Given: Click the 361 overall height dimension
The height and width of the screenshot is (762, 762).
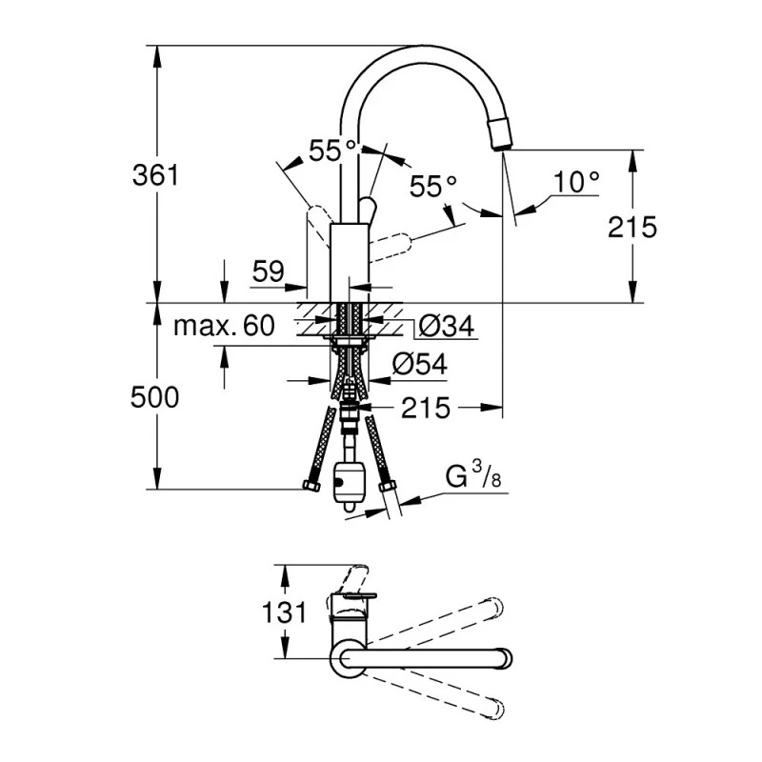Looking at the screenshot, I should point(156,175).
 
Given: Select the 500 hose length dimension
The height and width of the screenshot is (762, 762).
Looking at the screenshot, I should point(155,397).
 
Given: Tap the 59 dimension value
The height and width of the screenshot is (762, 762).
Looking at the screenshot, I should point(269,271).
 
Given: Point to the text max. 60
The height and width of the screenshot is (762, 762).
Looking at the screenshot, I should point(224,327).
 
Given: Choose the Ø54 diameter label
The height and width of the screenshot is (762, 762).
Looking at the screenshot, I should point(419,364).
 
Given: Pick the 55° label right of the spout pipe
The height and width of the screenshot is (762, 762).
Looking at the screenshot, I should point(433,186).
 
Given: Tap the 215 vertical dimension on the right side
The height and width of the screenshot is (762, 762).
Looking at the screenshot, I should point(633,226).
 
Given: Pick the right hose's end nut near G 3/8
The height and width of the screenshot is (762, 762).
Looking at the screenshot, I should point(387,488).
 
